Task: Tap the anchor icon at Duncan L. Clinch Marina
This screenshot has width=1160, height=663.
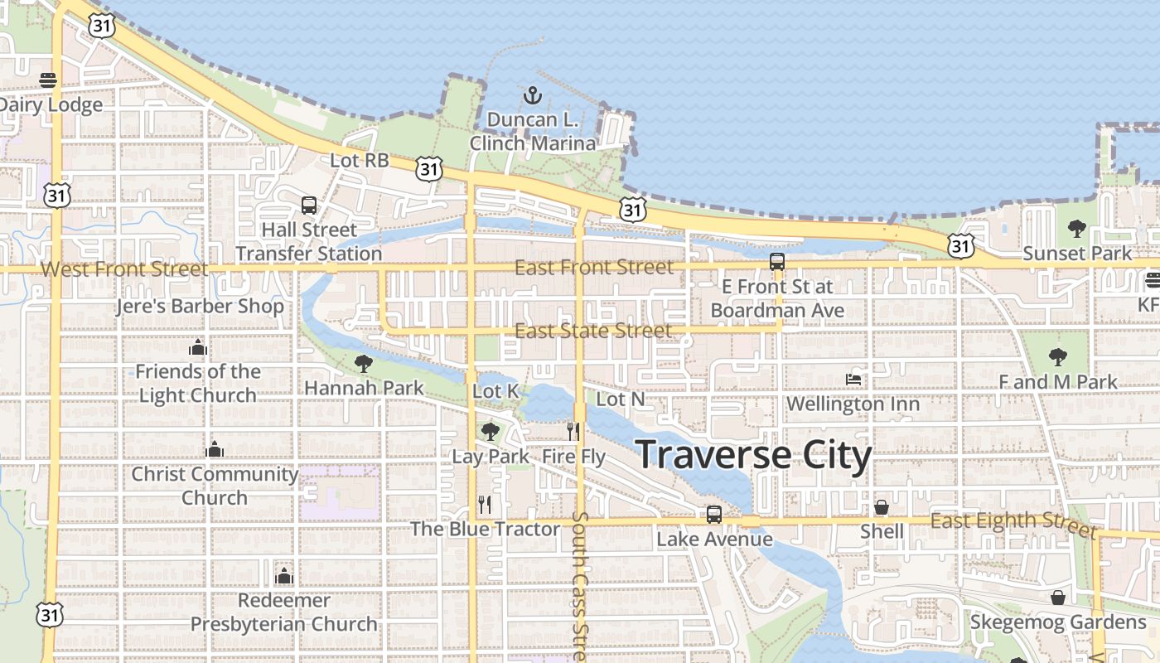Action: click(532, 95)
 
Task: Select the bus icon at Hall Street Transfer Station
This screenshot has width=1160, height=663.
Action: click(309, 205)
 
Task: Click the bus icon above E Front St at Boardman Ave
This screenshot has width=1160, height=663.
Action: click(777, 262)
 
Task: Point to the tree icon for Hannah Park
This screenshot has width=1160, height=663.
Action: click(363, 363)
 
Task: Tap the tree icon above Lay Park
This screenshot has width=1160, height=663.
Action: click(491, 431)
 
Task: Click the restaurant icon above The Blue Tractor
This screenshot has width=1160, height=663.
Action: click(485, 504)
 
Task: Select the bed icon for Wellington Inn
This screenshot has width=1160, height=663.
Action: click(853, 380)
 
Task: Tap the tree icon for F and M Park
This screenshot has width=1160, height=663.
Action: click(1057, 357)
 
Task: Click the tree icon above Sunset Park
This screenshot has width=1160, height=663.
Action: click(1076, 228)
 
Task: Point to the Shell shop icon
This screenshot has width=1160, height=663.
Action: click(882, 506)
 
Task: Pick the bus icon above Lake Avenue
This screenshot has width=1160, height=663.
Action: click(714, 515)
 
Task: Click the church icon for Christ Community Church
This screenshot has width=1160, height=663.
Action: click(215, 449)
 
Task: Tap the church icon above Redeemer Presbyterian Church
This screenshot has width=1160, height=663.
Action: click(284, 575)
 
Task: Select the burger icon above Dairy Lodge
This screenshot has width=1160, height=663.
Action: click(48, 80)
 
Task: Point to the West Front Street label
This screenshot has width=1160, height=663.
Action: click(124, 269)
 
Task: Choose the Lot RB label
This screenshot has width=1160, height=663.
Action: click(360, 161)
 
